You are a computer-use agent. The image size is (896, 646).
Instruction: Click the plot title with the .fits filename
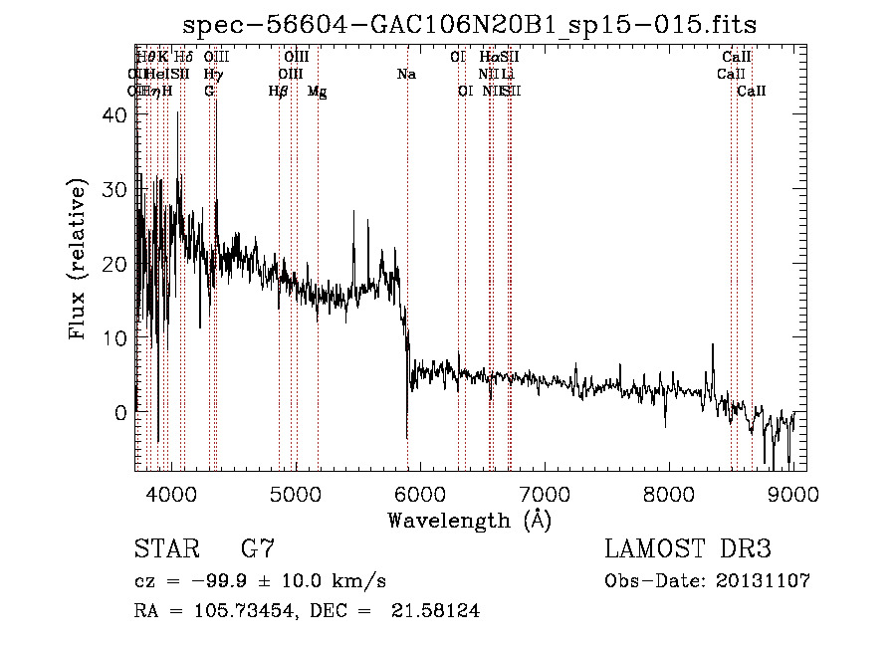coord(477,24)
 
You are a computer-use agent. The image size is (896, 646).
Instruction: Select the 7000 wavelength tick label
coord(545,494)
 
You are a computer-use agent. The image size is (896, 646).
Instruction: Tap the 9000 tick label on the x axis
coord(793,494)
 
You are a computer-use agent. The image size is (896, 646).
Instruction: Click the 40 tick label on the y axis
coord(114,115)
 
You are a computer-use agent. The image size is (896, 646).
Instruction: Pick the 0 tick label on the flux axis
coord(121,412)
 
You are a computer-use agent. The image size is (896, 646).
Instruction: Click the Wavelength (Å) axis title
coord(469,520)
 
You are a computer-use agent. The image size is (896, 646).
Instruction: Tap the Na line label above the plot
coord(406,75)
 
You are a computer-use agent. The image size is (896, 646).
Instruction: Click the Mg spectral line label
coord(317,92)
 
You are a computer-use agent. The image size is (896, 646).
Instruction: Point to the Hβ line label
coord(279,92)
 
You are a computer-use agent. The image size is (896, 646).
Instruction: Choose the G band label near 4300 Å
coord(209,92)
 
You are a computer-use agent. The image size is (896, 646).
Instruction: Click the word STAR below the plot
coord(164,549)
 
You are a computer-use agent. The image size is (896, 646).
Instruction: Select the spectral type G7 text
coord(257,549)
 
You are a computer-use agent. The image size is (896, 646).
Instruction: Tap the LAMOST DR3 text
coord(688,549)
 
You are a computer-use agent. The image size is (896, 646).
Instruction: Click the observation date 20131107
coord(764,581)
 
